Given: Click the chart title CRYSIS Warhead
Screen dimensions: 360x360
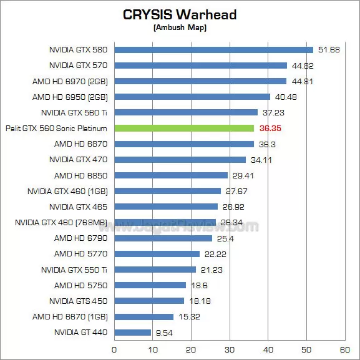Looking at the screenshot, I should (180, 14).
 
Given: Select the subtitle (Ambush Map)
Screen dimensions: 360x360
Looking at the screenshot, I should (180, 27).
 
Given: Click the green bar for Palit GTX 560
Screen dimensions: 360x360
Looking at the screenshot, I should (184, 128).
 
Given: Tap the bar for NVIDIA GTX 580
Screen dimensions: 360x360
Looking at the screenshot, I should (213, 49).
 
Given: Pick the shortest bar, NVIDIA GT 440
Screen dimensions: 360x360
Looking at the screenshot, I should (133, 332).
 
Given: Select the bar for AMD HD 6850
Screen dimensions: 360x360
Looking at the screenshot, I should (171, 175).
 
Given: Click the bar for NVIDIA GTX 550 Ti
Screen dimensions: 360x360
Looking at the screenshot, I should (155, 270).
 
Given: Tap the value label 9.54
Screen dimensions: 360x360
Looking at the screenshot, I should (165, 333).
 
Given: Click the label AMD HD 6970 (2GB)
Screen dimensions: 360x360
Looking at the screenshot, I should (71, 81).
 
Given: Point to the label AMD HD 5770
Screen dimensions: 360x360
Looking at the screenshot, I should (81, 254).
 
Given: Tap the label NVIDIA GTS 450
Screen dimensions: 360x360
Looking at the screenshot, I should (78, 301).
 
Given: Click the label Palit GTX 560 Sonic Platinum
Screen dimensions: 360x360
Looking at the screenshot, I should (56, 128).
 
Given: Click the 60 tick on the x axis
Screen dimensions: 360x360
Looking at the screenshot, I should (345, 349).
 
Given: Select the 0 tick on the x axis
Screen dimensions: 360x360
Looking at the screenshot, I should (114, 349).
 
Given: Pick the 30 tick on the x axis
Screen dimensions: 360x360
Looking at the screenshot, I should (230, 349).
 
